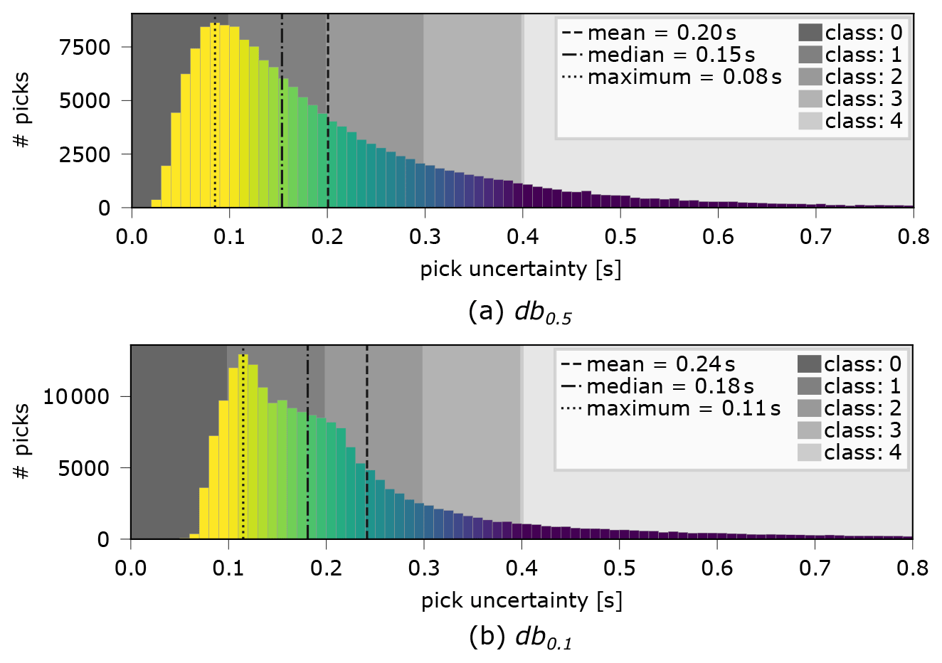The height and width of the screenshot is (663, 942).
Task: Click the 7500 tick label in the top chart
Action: coord(85,48)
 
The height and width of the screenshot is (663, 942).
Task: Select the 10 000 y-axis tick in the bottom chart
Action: coord(76,397)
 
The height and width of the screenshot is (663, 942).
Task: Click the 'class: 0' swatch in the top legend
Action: coord(810,33)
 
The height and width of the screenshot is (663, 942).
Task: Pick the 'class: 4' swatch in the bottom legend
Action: coord(809,452)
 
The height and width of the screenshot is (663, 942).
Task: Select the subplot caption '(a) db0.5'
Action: coord(520,313)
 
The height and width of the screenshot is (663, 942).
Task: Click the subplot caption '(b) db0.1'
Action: coord(520,637)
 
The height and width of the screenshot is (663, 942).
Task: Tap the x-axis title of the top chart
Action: coord(520,269)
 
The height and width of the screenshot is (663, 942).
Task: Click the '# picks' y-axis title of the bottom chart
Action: coord(22,441)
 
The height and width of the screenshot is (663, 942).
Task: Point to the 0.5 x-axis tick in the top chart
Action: coord(620,236)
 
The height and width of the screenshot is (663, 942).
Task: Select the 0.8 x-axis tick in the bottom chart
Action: coord(912,568)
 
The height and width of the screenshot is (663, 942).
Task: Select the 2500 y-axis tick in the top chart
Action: coord(85,154)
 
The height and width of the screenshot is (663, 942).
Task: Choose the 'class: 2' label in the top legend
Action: coord(863,77)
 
